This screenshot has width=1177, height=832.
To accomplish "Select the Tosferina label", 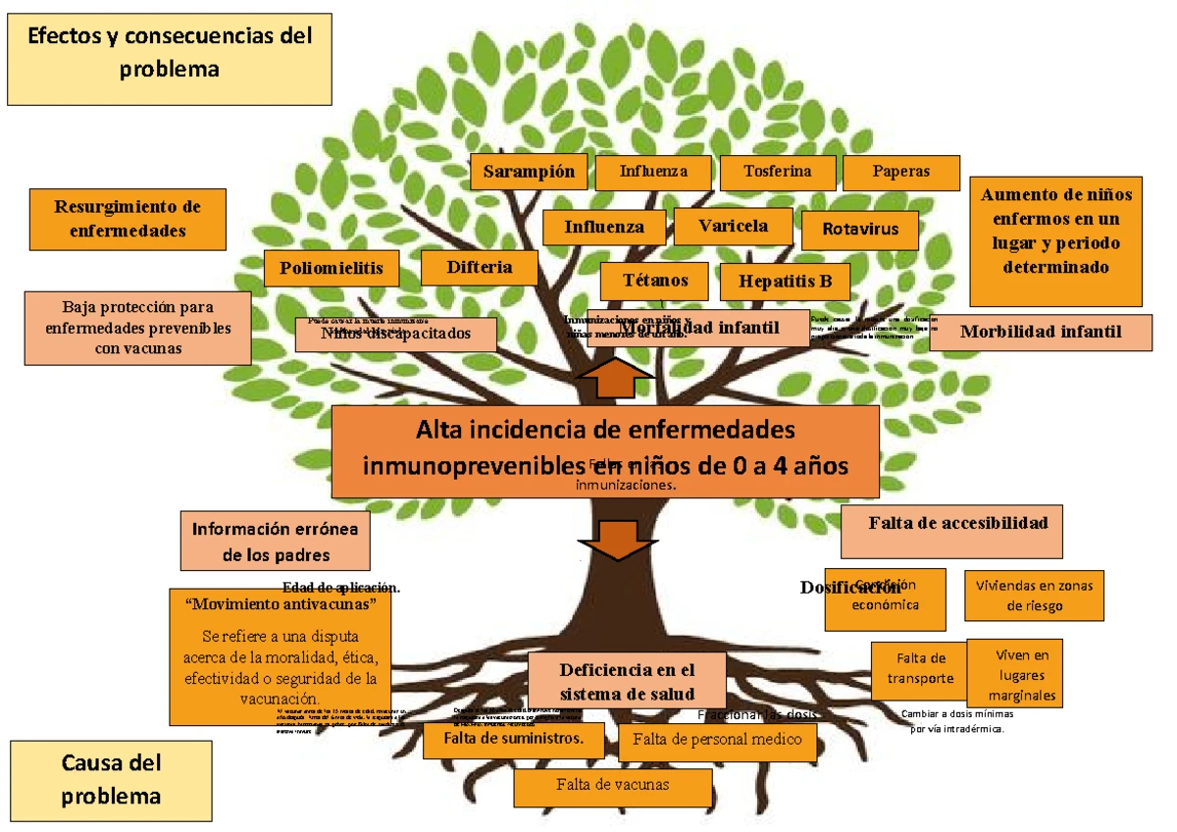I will click(778, 172).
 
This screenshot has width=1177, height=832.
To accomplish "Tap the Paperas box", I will click(900, 172).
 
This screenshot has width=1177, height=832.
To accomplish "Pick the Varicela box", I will click(734, 227).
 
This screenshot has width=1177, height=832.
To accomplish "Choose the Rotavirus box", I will click(860, 231).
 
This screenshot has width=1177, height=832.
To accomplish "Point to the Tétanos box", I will click(655, 281).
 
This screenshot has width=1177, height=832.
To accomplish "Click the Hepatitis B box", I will click(784, 283).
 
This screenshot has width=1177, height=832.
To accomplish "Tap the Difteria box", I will click(480, 267).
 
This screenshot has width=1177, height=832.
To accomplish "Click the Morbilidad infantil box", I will click(1040, 332).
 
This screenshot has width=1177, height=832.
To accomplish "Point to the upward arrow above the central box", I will click(615, 378).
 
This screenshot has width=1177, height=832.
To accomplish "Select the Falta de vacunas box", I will click(612, 786).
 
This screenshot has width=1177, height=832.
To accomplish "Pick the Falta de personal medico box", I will click(717, 741).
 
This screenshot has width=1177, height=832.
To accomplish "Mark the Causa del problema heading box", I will click(111, 779).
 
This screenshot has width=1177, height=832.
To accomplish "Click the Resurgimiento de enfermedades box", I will click(128, 219).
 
